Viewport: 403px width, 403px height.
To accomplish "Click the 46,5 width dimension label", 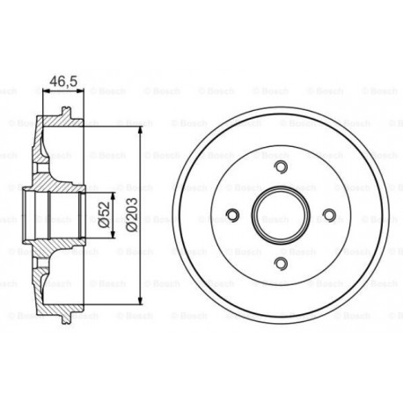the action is (x=63, y=81).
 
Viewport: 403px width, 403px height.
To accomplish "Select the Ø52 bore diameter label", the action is (x=104, y=215).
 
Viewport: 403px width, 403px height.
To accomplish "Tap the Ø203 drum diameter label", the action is (x=131, y=215).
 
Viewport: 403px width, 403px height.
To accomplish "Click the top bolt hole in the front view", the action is (x=281, y=166).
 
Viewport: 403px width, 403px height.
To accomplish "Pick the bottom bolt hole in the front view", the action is (x=281, y=263).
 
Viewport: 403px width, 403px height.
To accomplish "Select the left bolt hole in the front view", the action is (x=233, y=215).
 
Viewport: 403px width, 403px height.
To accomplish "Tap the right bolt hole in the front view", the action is (x=329, y=215).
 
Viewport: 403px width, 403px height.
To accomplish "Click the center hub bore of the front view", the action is (x=281, y=215).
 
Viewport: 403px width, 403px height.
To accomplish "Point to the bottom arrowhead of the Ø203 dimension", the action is (x=140, y=300).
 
